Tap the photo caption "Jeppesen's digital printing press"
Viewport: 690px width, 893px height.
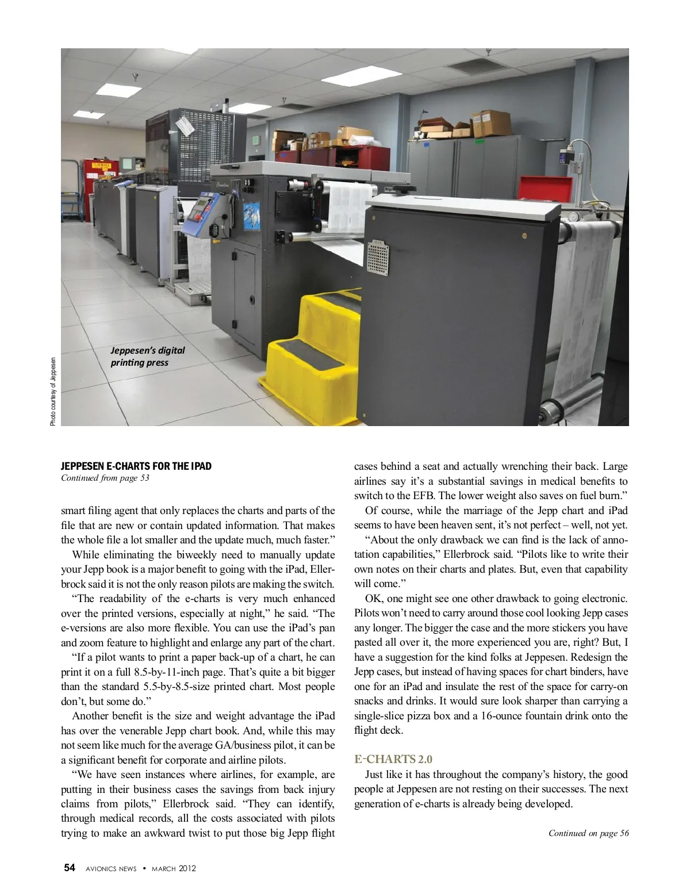pyautogui.click(x=148, y=356)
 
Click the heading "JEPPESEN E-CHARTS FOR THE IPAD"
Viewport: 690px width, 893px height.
pyautogui.click(x=136, y=466)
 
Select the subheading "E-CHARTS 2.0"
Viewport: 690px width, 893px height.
pyautogui.click(x=393, y=759)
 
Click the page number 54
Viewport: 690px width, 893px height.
pyautogui.click(x=70, y=868)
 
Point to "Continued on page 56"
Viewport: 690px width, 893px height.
pyautogui.click(x=588, y=833)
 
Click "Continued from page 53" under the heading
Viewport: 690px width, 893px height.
pyautogui.click(x=105, y=478)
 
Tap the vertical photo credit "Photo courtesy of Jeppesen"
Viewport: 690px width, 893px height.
pyautogui.click(x=53, y=392)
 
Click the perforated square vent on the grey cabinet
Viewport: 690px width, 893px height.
pyautogui.click(x=378, y=258)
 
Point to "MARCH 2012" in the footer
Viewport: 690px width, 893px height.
pyautogui.click(x=174, y=868)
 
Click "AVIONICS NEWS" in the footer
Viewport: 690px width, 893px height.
pyautogui.click(x=111, y=868)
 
